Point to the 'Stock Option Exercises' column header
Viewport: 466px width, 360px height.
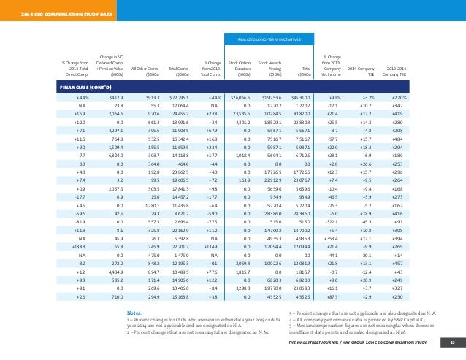(240, 68)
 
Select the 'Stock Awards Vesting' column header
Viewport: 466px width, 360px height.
(270, 68)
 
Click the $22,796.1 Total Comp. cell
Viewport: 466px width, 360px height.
(178, 96)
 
